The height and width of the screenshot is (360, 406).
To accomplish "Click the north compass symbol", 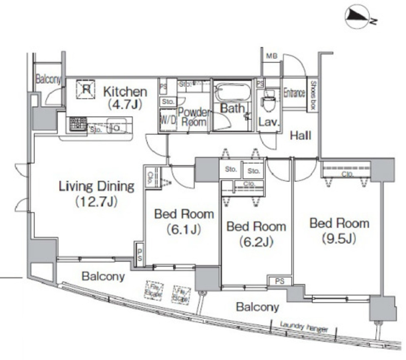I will [x=357, y=17].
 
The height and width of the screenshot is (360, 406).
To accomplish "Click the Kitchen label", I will [x=125, y=92].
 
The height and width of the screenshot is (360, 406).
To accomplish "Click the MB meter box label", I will [x=272, y=56].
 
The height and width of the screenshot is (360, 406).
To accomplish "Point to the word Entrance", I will [x=294, y=93].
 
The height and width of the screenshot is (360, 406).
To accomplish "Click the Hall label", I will [x=300, y=136].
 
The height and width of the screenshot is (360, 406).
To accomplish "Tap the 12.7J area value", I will [x=97, y=202].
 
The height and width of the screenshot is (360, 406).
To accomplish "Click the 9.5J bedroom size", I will [x=339, y=238].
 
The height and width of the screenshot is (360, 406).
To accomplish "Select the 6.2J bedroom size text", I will [x=256, y=242].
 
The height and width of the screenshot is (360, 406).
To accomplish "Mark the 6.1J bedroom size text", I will [x=184, y=229].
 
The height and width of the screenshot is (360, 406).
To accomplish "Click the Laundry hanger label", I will [x=304, y=327].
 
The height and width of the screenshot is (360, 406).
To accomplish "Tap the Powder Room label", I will [x=194, y=117].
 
